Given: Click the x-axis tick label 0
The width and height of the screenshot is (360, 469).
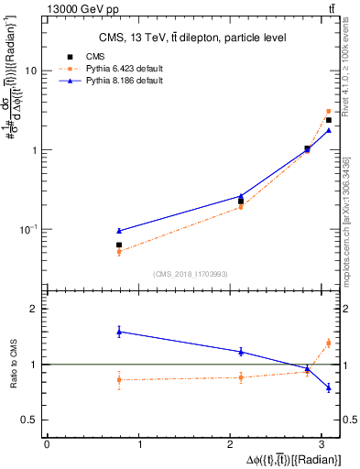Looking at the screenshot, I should tap(47, 444).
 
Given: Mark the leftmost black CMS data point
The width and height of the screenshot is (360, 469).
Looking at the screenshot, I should tap(118, 245).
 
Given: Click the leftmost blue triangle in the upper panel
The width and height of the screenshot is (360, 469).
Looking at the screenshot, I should tap(118, 231).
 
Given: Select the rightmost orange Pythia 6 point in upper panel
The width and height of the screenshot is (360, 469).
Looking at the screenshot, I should tap(328, 111).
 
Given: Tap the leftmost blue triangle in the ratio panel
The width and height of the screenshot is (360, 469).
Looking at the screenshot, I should tap(118, 332).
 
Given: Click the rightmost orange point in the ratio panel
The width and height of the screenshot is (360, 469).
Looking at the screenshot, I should tap(328, 343).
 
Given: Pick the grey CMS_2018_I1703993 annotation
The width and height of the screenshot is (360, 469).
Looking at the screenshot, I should tap(191, 274).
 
